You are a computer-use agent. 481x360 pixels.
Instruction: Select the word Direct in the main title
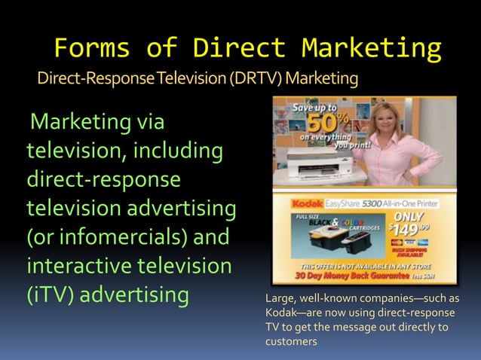point(239,48)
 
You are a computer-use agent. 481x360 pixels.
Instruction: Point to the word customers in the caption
point(291,342)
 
